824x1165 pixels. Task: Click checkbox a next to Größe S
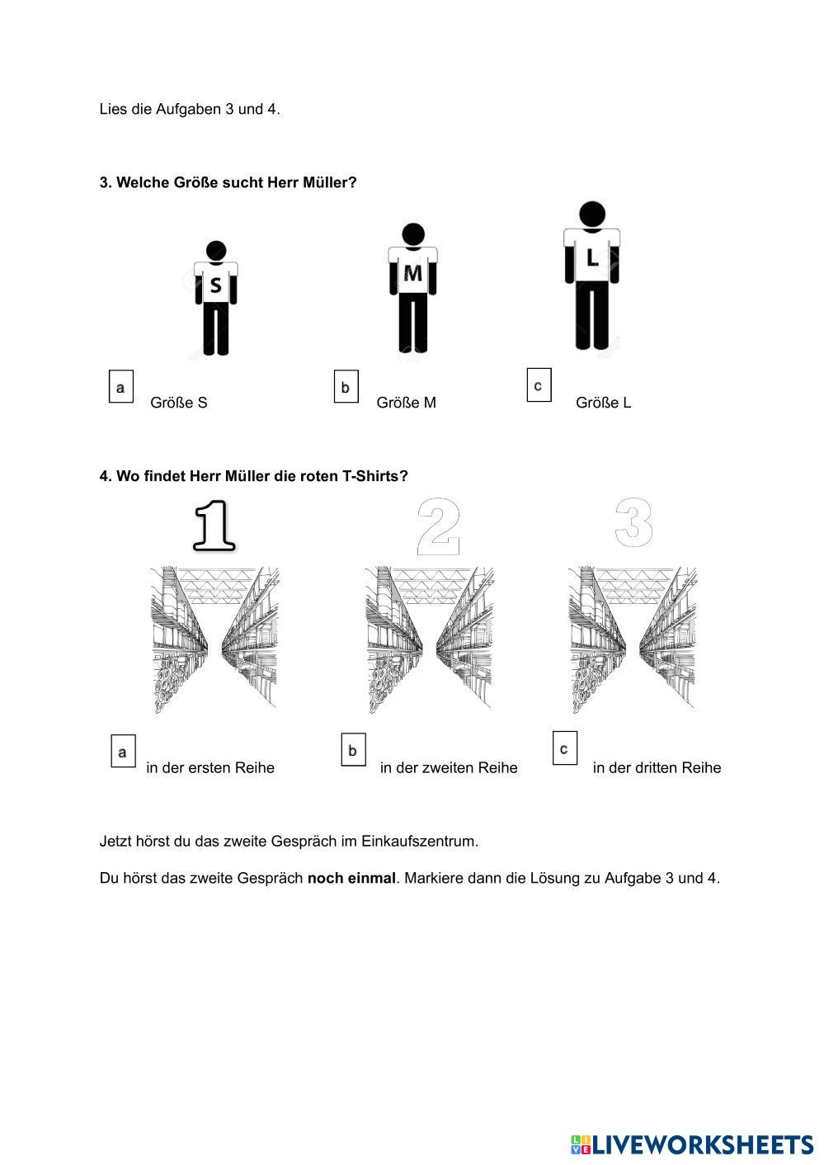click(121, 386)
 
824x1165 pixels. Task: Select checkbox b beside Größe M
click(346, 386)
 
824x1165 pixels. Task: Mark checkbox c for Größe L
click(539, 385)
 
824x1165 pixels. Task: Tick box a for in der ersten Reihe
click(123, 752)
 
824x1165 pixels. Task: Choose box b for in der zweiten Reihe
click(353, 750)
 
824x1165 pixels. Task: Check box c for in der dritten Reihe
click(564, 748)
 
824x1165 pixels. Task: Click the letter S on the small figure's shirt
click(215, 285)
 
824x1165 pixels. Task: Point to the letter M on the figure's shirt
click(412, 274)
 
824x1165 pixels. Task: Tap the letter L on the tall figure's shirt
click(591, 258)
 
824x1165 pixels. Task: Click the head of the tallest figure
click(591, 214)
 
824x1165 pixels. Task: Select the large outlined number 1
click(214, 525)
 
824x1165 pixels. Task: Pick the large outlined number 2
click(437, 525)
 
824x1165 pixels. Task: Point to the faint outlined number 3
click(633, 522)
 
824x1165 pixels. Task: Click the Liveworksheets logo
click(691, 1144)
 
